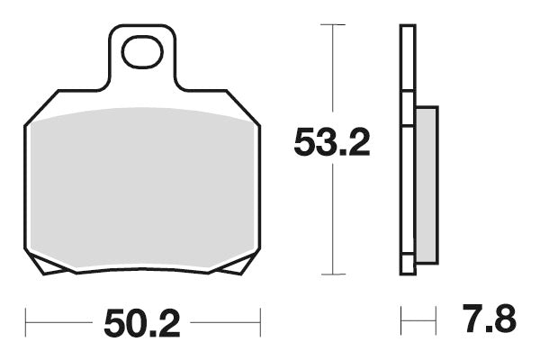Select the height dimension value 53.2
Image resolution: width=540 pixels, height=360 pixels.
[332, 143]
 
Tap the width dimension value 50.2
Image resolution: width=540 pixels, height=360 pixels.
[142, 321]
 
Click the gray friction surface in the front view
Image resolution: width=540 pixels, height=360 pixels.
[142, 189]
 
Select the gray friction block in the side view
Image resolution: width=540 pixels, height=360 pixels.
[427, 184]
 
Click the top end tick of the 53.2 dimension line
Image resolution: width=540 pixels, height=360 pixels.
[334, 23]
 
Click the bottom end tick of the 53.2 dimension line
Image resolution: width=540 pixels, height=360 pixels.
[334, 274]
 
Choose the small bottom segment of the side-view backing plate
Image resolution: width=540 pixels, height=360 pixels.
[408, 265]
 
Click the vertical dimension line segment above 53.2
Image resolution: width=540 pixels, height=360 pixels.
[334, 72]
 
